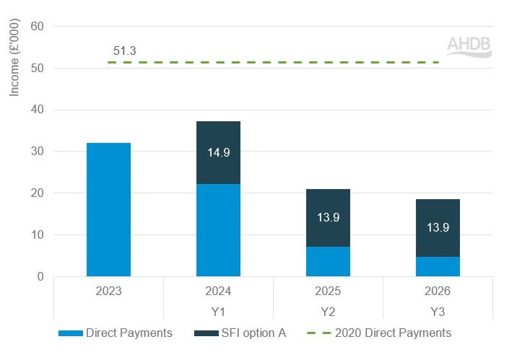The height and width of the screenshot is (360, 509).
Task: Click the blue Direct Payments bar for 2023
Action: click(x=108, y=209)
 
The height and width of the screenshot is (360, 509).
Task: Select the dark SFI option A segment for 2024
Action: click(x=218, y=141)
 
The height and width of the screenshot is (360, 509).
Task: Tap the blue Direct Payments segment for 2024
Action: click(x=218, y=229)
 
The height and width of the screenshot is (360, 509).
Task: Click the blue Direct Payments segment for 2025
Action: click(x=328, y=261)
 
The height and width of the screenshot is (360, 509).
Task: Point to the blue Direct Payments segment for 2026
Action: click(x=438, y=266)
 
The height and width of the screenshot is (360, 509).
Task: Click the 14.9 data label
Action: click(x=218, y=152)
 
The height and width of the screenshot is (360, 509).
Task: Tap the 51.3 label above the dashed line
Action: click(x=125, y=51)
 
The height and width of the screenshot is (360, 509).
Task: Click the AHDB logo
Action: click(x=468, y=45)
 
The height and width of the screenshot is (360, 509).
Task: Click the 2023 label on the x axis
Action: click(x=108, y=291)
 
